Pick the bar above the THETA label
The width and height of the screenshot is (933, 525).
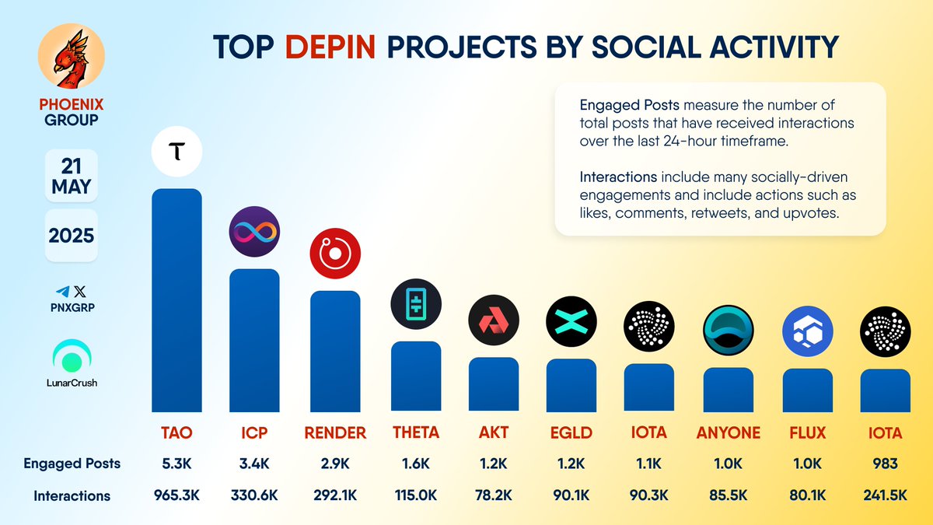click(415, 376)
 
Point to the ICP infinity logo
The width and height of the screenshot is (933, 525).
click(254, 232)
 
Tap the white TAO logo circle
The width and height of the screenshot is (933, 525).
click(176, 152)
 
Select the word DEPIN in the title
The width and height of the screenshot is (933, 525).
click(330, 47)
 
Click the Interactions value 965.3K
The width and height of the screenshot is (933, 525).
click(176, 495)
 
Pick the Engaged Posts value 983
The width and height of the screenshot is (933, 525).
click(886, 464)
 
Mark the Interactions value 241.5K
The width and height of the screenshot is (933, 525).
click(886, 495)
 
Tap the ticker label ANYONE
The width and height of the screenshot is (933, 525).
click(729, 433)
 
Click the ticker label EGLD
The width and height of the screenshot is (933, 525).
click(571, 433)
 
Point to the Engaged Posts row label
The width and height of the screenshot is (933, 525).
click(72, 464)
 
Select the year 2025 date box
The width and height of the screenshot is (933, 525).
click(71, 235)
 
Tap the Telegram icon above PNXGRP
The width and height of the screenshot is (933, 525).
click(61, 292)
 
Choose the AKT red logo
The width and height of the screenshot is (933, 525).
click(493, 321)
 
